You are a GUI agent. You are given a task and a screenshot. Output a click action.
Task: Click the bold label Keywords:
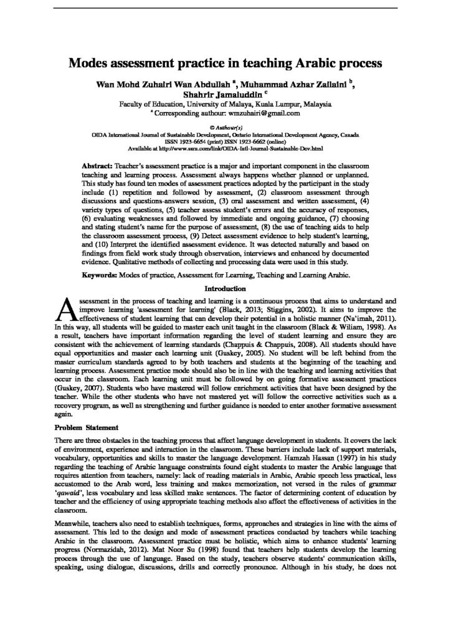pos(102,274)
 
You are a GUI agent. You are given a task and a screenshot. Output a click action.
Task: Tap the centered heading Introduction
pos(225,288)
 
